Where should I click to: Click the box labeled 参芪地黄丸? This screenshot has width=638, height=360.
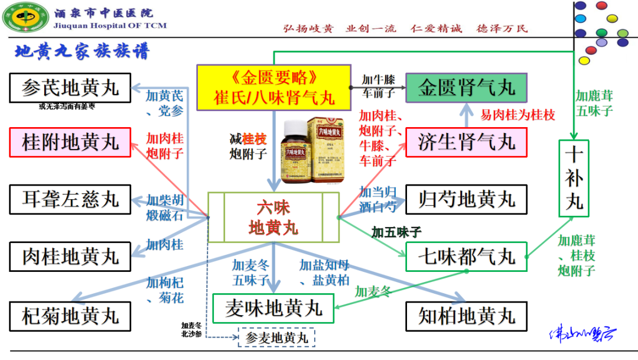click(70, 88)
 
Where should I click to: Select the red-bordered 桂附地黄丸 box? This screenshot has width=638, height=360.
click(70, 142)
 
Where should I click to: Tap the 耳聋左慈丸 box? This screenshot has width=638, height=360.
click(70, 199)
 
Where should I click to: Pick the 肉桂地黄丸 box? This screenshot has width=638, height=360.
click(70, 257)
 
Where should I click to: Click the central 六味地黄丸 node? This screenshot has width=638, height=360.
click(274, 217)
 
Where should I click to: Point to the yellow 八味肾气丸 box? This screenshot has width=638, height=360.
click(274, 88)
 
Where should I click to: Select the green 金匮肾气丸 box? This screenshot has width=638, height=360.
click(466, 88)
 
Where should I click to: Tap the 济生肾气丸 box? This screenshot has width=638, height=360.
click(466, 142)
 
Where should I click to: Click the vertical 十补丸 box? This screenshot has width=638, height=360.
click(574, 178)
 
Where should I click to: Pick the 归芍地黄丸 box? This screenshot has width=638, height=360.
click(466, 199)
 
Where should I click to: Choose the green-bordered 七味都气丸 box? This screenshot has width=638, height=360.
click(466, 257)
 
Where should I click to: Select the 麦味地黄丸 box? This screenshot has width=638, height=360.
click(274, 308)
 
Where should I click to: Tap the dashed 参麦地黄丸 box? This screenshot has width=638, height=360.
click(276, 338)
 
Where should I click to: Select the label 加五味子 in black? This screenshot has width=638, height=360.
click(396, 232)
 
